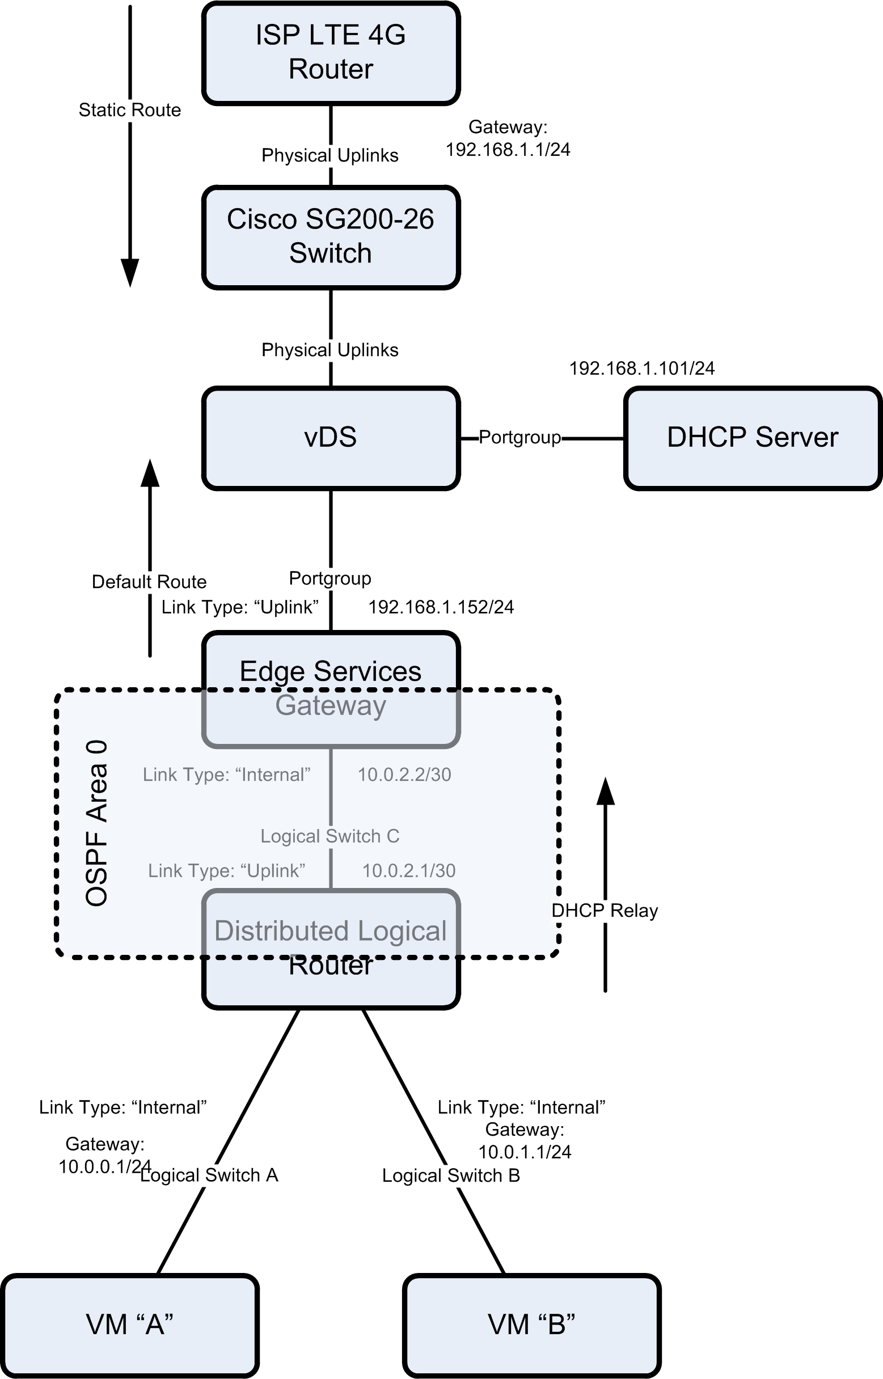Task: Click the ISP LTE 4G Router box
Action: click(331, 53)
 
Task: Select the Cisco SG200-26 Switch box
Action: click(331, 236)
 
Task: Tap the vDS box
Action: click(331, 438)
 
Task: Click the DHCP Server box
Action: click(752, 438)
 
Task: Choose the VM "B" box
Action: click(531, 1325)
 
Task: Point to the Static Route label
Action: click(129, 110)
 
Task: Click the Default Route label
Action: click(149, 582)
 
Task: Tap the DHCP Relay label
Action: click(605, 911)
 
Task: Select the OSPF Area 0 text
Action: click(96, 823)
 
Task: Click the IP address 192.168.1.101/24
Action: click(641, 369)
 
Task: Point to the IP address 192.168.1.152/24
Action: click(441, 607)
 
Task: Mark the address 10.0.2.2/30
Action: click(404, 775)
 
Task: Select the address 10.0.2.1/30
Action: click(409, 870)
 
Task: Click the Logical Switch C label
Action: click(329, 836)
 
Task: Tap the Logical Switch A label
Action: click(209, 1175)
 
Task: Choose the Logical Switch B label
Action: click(451, 1176)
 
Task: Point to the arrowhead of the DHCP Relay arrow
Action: click(606, 792)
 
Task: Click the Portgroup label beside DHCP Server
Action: click(519, 437)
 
